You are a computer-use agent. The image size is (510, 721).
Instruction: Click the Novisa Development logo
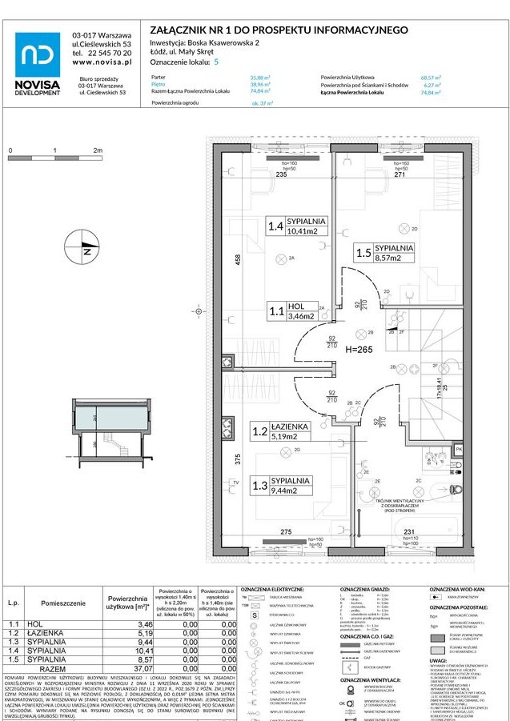point(38,61)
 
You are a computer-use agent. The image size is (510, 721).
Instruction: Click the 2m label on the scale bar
point(98,150)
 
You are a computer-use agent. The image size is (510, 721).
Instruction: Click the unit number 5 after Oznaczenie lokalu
point(215,61)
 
